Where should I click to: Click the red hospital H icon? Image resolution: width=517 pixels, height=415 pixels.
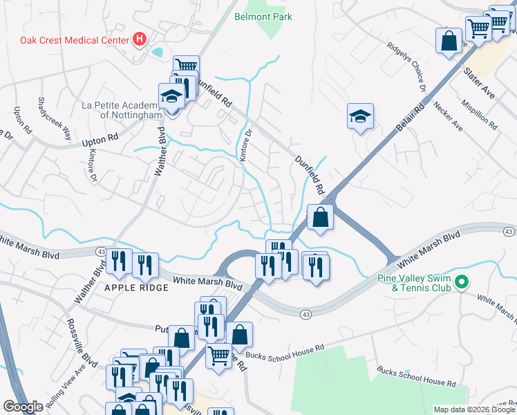pyautogui.click(x=139, y=39)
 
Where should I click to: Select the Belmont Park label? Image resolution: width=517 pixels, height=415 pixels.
pyautogui.click(x=263, y=17)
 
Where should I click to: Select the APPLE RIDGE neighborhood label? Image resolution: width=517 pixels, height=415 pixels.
pyautogui.click(x=136, y=287)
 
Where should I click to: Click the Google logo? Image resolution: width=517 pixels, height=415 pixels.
pyautogui.click(x=23, y=407)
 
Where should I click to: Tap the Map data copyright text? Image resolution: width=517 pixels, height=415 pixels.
pyautogui.click(x=473, y=409)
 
